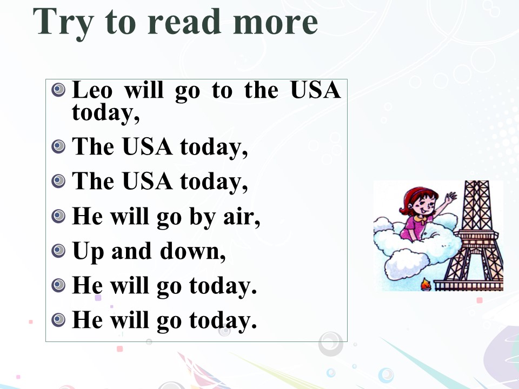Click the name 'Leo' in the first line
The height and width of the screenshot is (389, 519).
[92, 90]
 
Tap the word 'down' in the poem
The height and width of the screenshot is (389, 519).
[192, 251]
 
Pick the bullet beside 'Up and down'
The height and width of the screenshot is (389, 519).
[58, 251]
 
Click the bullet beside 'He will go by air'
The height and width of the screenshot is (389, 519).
[58, 216]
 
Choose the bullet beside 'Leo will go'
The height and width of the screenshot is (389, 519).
[58, 90]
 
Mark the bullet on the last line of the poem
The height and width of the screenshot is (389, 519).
[58, 320]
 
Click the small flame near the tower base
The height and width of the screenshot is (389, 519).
[425, 285]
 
